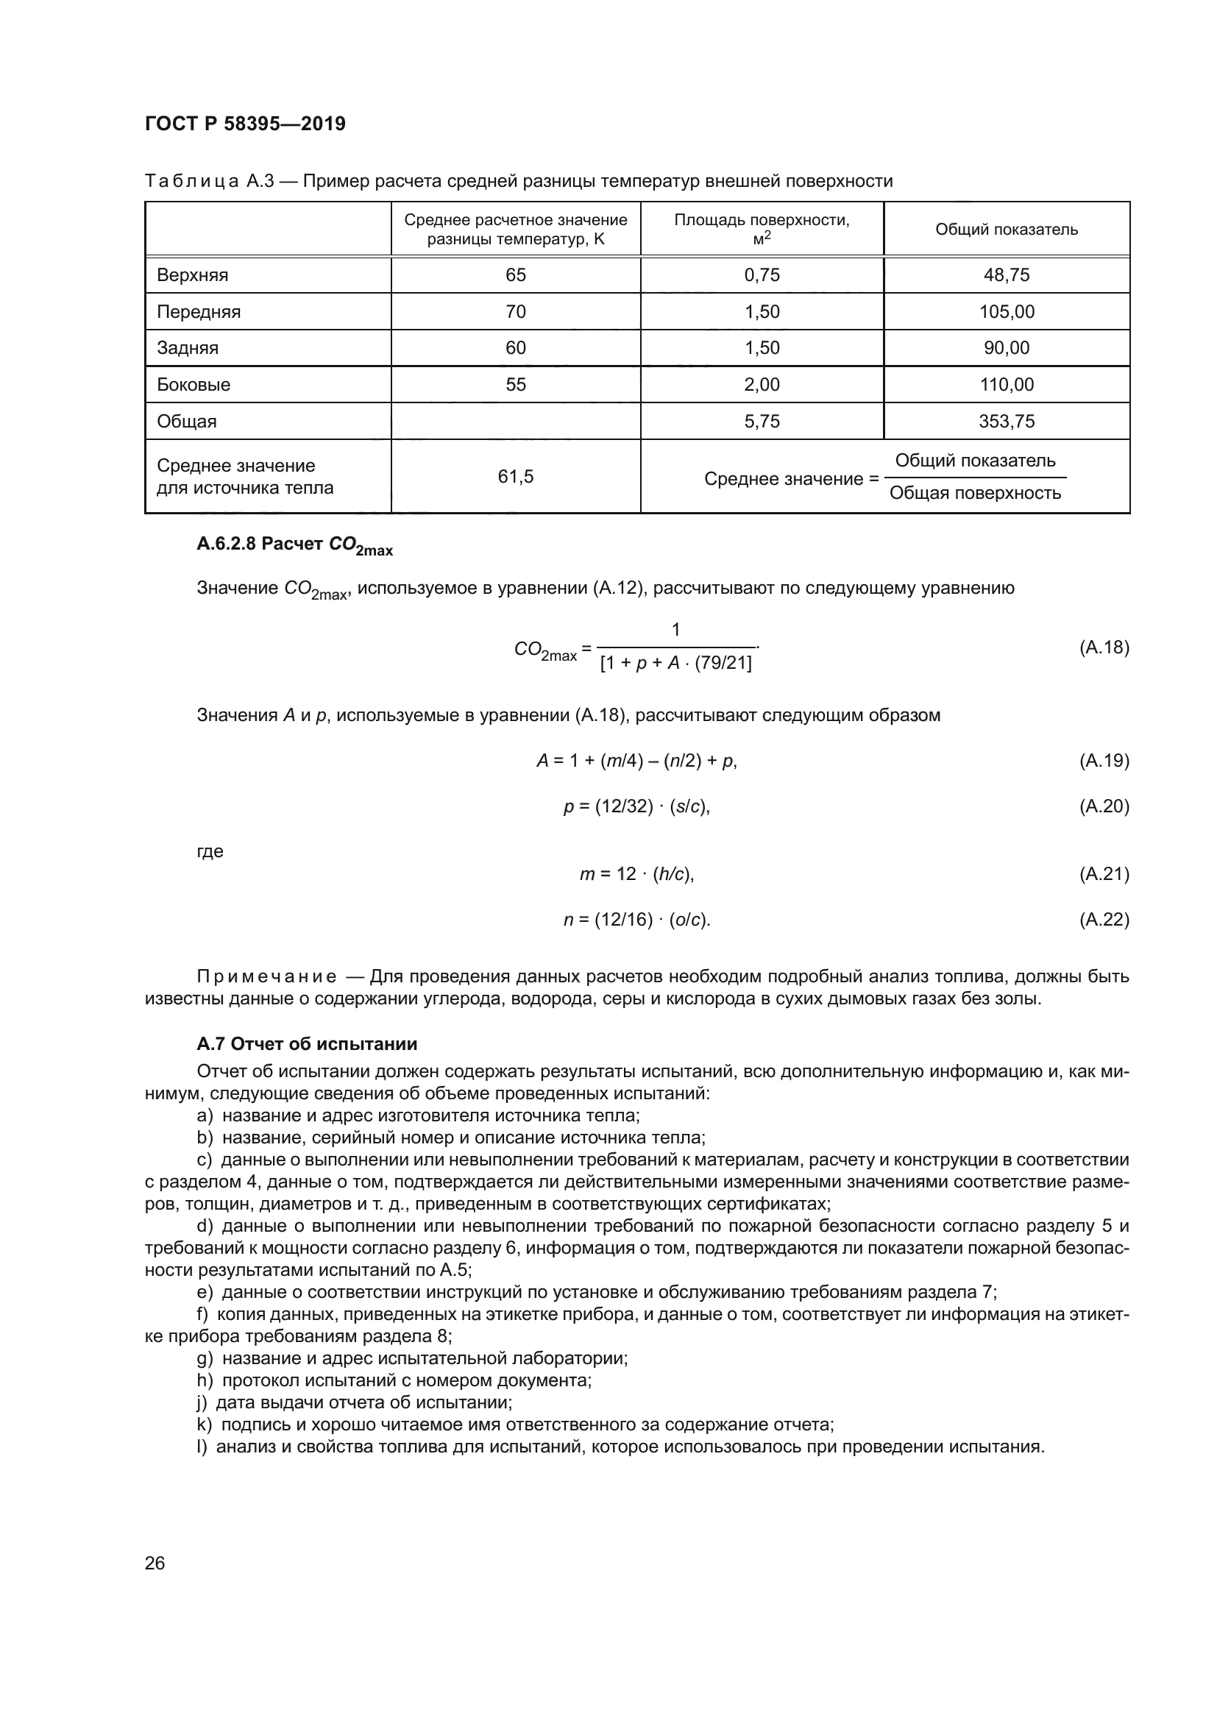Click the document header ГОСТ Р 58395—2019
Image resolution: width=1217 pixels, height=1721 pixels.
point(245,124)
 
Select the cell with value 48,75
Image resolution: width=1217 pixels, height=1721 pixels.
point(1006,275)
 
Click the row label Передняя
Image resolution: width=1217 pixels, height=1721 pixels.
point(199,312)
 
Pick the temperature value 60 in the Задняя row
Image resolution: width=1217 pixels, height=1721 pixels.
point(516,348)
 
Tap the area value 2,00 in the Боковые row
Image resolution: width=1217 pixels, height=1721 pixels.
point(762,385)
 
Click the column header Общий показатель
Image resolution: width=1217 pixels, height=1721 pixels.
point(1006,230)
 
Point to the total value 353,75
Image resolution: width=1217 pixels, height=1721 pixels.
point(1006,422)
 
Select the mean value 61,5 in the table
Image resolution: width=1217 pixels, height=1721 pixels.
point(516,477)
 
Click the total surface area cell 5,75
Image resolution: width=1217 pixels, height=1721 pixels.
point(762,422)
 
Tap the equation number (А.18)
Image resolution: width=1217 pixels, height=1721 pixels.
point(1103,647)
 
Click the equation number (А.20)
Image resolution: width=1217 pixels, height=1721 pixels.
point(1103,806)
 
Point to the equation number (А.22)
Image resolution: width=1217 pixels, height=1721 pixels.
point(1103,920)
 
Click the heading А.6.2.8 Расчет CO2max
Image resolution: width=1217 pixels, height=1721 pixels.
point(294,546)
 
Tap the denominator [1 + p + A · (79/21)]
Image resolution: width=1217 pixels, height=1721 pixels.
point(675,664)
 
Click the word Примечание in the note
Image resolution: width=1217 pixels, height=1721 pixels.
point(266,976)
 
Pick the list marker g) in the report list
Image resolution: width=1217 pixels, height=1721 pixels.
point(205,1358)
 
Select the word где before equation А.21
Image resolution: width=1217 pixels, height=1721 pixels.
point(210,851)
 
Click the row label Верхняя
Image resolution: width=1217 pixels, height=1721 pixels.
point(193,275)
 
